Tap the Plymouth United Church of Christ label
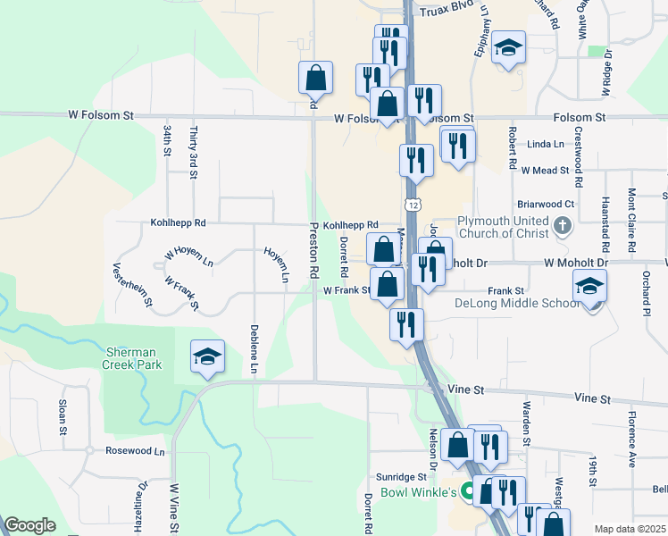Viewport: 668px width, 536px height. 506,228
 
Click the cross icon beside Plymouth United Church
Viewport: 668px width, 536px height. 563,224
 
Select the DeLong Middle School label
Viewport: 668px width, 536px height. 517,303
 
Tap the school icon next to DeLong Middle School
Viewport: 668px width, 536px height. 589,288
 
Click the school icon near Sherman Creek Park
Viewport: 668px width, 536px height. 206,357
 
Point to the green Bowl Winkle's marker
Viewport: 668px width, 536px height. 467,492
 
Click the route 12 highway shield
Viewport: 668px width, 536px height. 412,205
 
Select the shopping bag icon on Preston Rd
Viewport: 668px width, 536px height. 315,78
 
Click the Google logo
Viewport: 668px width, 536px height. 29,525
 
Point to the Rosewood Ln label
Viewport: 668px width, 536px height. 135,451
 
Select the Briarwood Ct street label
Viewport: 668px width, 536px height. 550,204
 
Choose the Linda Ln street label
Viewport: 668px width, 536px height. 546,144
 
